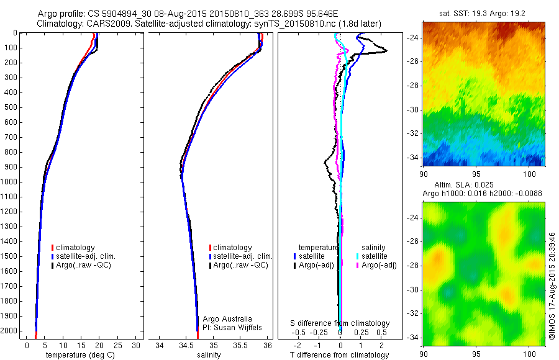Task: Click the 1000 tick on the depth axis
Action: click(x=11, y=182)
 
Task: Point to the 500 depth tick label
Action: click(x=11, y=107)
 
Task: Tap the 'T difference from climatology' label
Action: click(x=339, y=355)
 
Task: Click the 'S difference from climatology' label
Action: click(x=340, y=323)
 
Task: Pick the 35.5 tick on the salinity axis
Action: click(x=240, y=345)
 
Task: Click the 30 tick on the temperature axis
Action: click(x=135, y=345)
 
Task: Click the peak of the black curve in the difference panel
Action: click(x=386, y=50)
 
